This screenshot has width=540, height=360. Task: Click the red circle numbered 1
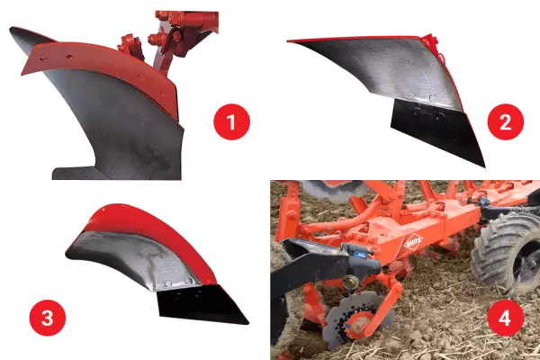pyautogui.click(x=229, y=122)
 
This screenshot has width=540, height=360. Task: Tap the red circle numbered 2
pyautogui.click(x=504, y=122)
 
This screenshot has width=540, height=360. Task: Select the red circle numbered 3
pyautogui.click(x=46, y=319)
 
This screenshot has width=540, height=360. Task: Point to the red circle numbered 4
pyautogui.click(x=505, y=319)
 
